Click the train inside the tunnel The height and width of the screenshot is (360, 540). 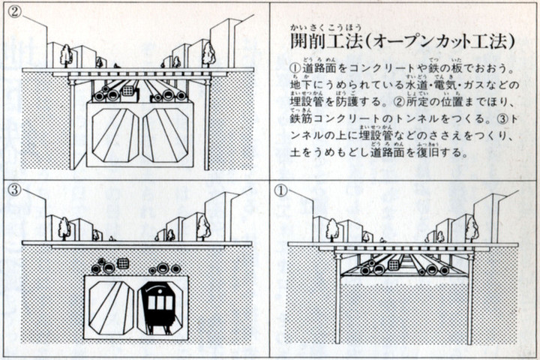(160, 307)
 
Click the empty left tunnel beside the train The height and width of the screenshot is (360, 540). (112, 307)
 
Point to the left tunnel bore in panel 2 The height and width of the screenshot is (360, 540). (114, 135)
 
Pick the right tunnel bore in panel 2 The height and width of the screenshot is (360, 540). (170, 135)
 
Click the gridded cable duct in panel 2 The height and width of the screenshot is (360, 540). (128, 91)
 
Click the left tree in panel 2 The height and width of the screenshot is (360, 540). (65, 54)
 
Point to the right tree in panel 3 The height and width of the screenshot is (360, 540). (202, 226)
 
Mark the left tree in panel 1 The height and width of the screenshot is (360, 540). (331, 229)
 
